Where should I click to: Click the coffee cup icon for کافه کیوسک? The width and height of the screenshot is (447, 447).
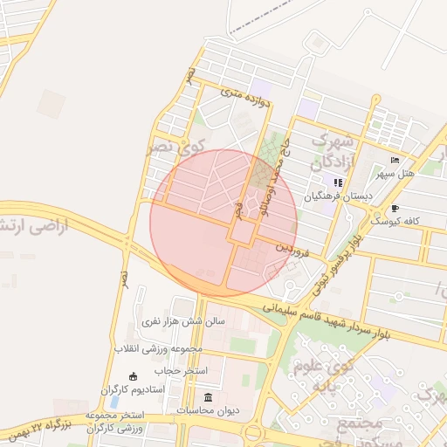pyautogui.click(x=395, y=209)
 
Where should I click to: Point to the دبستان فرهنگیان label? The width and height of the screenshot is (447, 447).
pyautogui.click(x=338, y=196)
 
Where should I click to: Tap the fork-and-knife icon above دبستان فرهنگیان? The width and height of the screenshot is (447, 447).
pyautogui.click(x=338, y=182)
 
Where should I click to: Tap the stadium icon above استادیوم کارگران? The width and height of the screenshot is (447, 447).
pyautogui.click(x=133, y=377)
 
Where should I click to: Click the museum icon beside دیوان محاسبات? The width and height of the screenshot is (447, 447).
pyautogui.click(x=207, y=398)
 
